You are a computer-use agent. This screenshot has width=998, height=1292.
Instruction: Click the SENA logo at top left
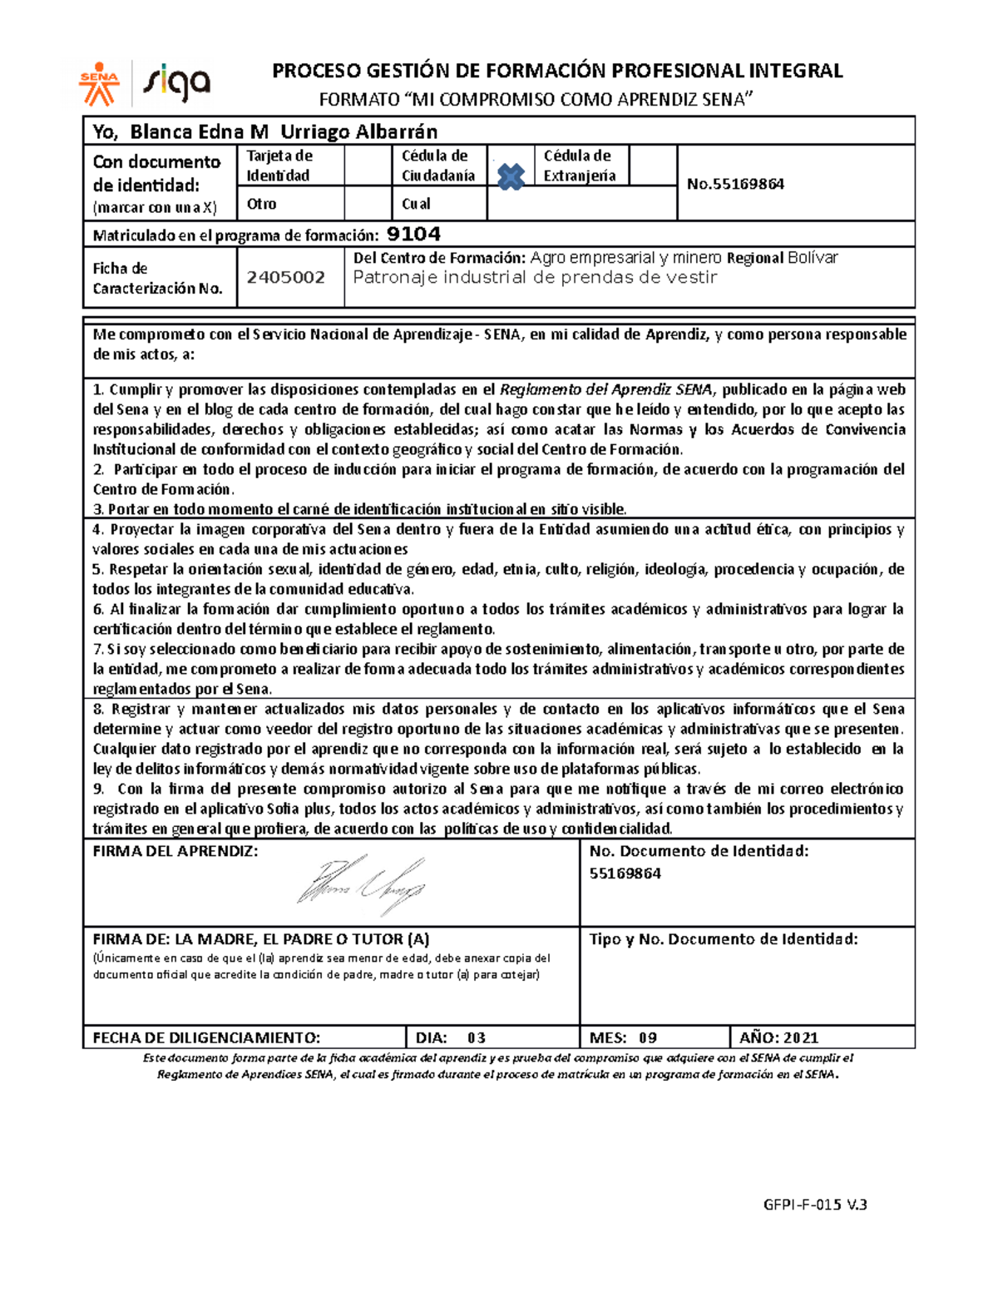(100, 84)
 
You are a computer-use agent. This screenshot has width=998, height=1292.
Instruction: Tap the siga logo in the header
(177, 83)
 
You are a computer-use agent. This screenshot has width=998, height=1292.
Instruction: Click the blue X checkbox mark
(511, 176)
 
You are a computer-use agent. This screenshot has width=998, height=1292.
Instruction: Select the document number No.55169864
(735, 184)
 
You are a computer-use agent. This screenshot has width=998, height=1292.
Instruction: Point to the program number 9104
(414, 235)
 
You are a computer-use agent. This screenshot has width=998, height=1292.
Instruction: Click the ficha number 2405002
(285, 278)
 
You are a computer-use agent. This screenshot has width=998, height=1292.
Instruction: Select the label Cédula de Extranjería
(580, 166)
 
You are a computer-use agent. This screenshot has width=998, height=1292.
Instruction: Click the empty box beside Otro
(367, 204)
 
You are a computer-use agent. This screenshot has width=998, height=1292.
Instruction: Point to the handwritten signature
(362, 884)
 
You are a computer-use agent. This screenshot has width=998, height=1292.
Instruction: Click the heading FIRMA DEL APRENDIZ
(175, 852)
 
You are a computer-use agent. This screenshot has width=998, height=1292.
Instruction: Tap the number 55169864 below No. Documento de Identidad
(625, 874)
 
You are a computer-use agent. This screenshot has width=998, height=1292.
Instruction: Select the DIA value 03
(476, 1037)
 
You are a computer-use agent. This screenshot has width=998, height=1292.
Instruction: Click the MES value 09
(647, 1037)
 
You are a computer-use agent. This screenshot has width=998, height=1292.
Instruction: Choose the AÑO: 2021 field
(778, 1037)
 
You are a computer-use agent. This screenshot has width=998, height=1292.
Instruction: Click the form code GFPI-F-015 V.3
(815, 1204)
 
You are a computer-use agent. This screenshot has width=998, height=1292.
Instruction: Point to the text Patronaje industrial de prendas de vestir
(535, 278)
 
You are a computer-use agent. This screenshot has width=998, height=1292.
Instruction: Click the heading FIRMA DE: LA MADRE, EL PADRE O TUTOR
(260, 939)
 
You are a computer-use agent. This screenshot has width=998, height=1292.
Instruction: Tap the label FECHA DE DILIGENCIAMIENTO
(205, 1037)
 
